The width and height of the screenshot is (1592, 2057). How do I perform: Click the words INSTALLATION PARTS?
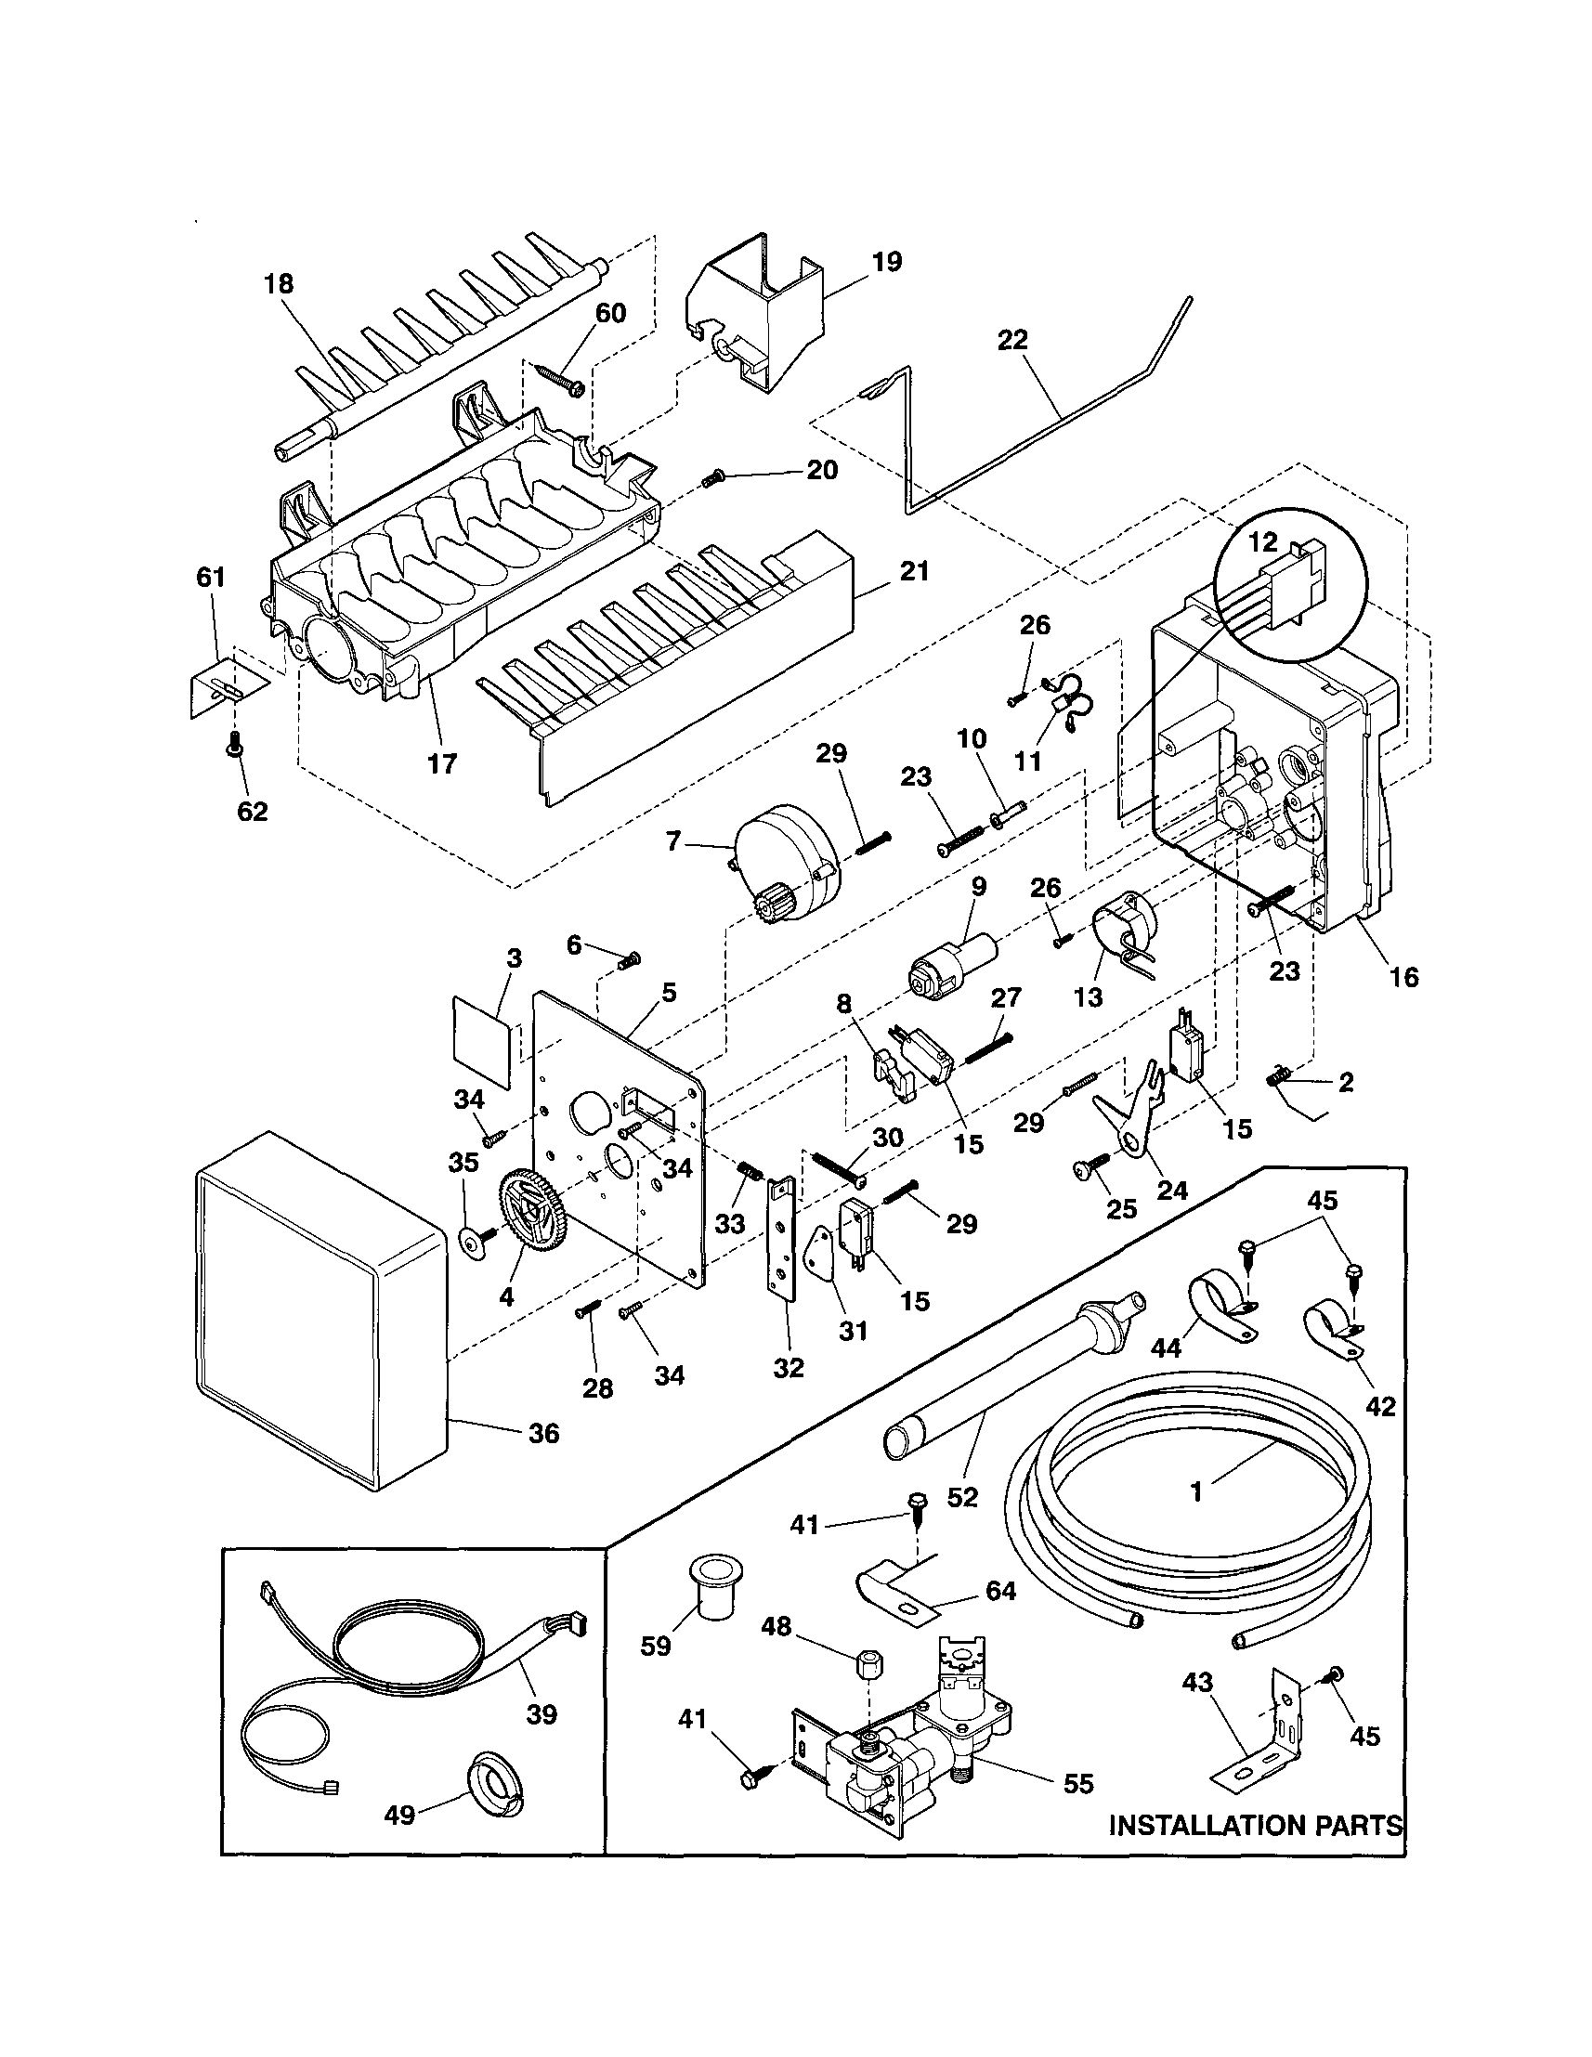click(x=1255, y=1827)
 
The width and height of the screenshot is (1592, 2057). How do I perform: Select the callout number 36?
click(x=543, y=1434)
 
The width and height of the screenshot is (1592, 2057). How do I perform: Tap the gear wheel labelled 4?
click(x=526, y=1219)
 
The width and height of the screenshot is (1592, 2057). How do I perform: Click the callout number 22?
click(x=1012, y=340)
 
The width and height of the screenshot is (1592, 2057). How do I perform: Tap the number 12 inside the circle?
click(x=1262, y=541)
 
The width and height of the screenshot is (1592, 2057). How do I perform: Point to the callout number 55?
click(x=1078, y=1783)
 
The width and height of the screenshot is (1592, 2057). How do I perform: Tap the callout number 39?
click(x=542, y=1714)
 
